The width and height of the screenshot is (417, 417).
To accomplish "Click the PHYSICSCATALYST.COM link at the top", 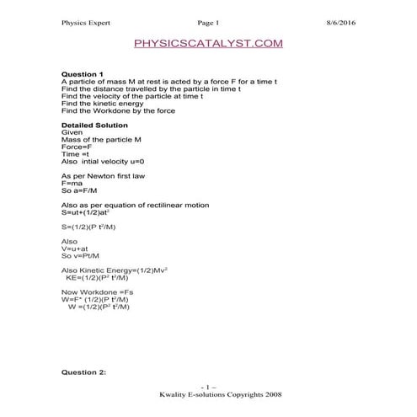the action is pos(208,42).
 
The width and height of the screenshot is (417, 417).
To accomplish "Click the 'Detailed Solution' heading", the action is pos(94,125).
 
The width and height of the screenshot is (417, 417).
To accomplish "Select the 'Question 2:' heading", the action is pos(85,372).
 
